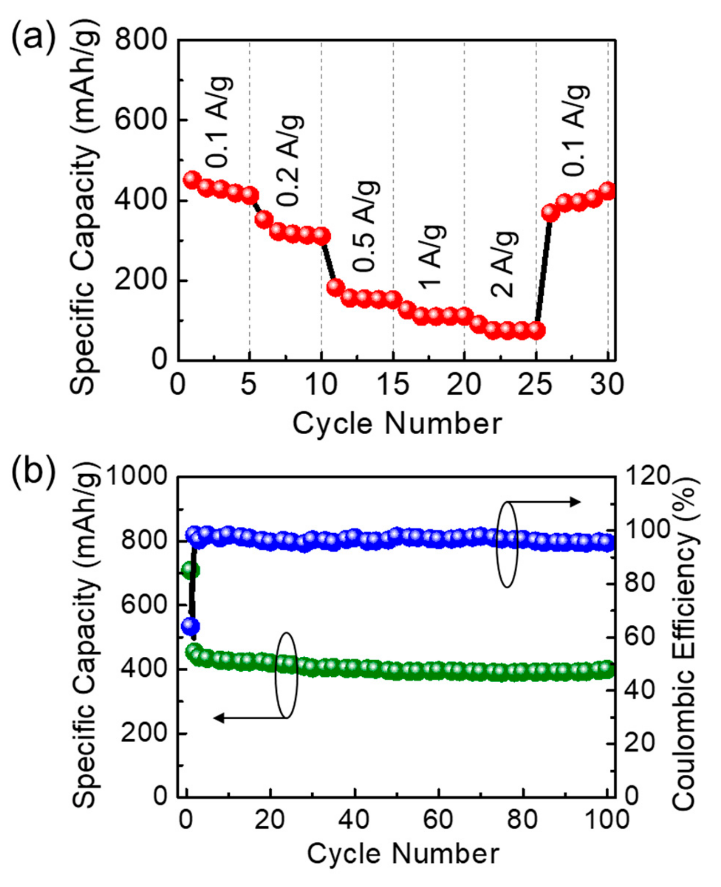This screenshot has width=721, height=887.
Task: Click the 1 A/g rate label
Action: (432, 257)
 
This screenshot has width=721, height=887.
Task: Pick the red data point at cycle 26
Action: (551, 213)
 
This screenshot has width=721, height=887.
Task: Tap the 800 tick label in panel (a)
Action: (141, 40)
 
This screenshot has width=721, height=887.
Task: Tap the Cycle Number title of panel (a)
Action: (398, 424)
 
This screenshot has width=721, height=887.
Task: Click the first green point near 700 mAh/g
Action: (191, 570)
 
